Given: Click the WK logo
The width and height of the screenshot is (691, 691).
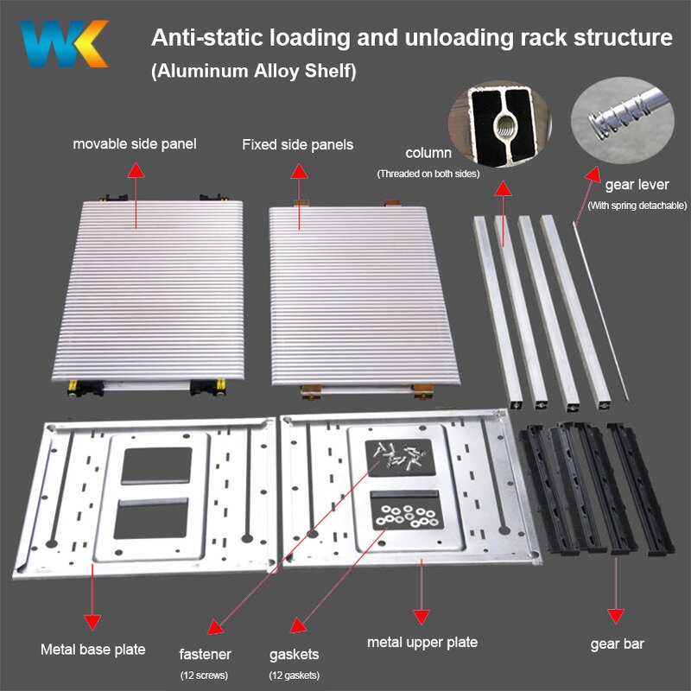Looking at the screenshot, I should coord(65,44).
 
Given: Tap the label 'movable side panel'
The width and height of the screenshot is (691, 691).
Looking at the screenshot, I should coord(134,143).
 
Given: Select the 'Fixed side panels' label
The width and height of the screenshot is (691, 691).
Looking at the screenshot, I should coord(297,145).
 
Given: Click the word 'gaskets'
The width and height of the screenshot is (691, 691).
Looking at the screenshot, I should coord(293,654).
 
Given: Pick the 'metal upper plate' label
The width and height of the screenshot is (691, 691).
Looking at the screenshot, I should coord(422,642).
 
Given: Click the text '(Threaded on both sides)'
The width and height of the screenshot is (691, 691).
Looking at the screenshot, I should coord(428,174).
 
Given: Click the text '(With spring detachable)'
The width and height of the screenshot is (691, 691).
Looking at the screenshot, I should coord(637,206).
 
